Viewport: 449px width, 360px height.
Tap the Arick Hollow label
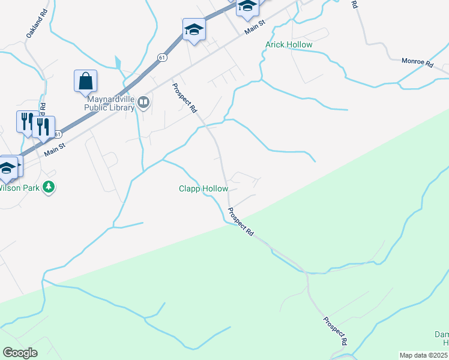[289, 45]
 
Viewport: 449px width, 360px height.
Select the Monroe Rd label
[417, 62]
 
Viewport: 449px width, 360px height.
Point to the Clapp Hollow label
[203, 189]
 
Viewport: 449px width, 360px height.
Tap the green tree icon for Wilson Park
[49, 188]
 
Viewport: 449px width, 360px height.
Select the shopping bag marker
[85, 80]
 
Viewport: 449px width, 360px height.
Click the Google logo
[20, 353]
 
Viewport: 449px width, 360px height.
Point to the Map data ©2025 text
[423, 355]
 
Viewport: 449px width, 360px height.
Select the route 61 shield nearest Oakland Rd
[163, 56]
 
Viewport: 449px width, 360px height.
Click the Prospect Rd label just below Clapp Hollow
[241, 222]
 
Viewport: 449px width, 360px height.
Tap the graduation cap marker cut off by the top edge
[247, 6]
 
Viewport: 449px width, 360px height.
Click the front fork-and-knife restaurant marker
[43, 127]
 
